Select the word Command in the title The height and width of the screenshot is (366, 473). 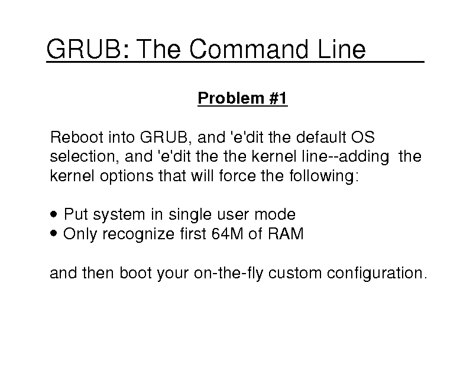tap(249, 49)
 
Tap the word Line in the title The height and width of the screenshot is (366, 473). tap(342, 49)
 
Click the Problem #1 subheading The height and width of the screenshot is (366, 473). tap(242, 98)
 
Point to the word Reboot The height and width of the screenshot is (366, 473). tap(77, 137)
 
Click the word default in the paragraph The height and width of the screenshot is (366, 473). tap(320, 137)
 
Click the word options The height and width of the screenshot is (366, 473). tap(127, 176)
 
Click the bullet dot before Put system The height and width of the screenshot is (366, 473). tap(54, 214)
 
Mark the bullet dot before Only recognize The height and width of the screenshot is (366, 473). tap(54, 233)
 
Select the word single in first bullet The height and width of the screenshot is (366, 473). tap(190, 214)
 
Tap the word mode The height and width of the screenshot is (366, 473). tap(275, 214)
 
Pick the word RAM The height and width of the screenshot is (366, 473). tap(286, 233)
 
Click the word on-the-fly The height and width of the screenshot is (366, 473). tap(228, 273)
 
